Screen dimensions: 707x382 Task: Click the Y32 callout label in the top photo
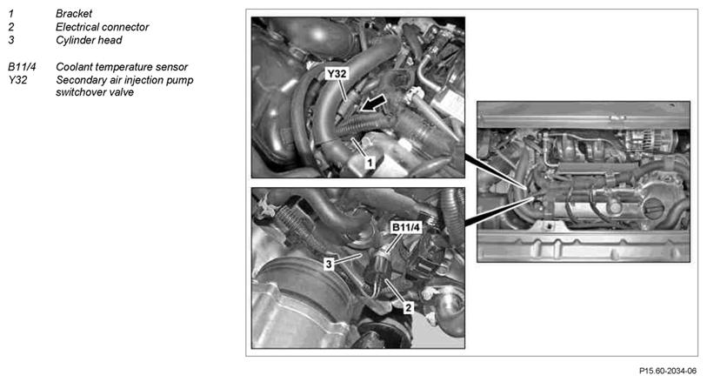337,73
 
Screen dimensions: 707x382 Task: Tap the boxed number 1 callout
370,162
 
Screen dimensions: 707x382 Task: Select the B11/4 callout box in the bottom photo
406,227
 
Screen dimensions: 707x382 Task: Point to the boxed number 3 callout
330,265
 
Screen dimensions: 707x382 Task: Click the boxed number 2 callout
408,307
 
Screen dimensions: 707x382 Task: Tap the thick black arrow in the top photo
373,104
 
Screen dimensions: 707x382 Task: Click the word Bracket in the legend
74,14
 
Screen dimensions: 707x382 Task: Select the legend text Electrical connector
102,27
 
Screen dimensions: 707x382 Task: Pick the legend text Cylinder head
89,40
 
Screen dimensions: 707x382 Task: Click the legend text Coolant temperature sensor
122,67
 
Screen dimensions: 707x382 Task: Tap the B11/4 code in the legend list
22,67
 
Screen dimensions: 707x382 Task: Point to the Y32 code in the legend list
17,80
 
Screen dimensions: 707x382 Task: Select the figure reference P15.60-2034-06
667,371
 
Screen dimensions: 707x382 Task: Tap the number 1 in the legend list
10,14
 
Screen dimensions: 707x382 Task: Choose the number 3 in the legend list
10,40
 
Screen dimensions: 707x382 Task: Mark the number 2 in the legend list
10,27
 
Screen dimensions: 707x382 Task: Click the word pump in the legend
180,80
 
